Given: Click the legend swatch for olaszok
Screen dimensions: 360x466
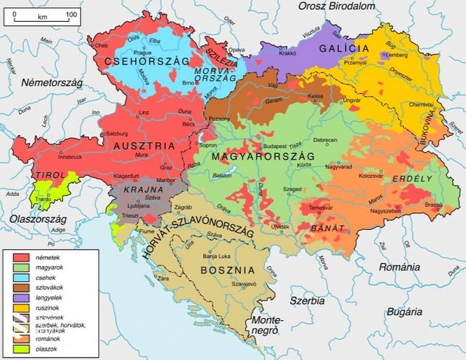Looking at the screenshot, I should point(21,348).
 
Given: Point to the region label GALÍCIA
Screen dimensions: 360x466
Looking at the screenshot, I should point(343,48).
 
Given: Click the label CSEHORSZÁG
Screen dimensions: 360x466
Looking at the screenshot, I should point(148,62).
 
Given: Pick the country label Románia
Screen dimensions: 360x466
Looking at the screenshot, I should point(399,267).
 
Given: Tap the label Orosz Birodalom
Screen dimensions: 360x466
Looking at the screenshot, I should point(336,6).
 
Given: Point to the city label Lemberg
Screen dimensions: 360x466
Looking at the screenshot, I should point(397,55).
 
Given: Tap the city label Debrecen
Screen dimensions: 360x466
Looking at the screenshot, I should point(325,140).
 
